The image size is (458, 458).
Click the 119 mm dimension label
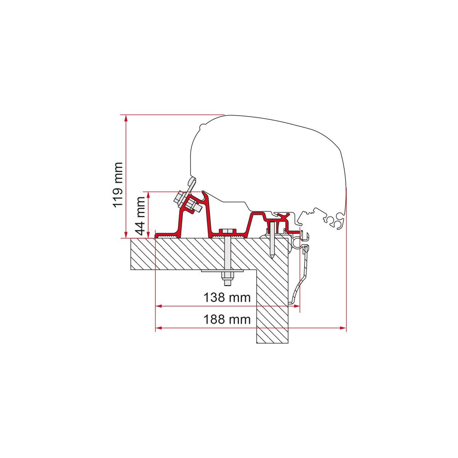click(118, 185)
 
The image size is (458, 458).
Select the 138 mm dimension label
click(227, 297)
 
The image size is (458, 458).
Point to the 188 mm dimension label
click(227, 319)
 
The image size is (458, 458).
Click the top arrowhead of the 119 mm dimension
click(126, 118)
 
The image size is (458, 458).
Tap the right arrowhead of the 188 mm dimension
click(343, 328)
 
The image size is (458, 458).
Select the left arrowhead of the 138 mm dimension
click(158, 306)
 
